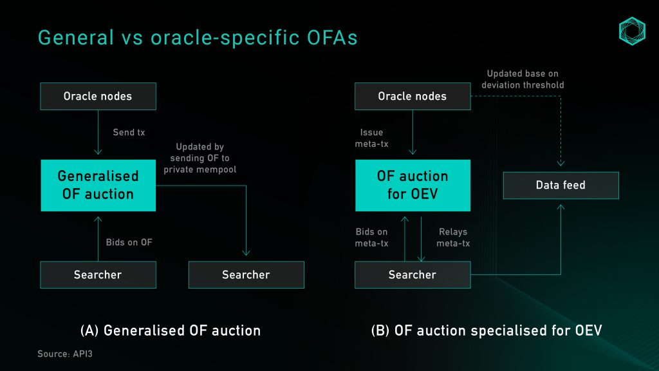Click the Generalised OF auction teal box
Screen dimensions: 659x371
coord(98,185)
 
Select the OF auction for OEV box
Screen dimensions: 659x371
coord(413,185)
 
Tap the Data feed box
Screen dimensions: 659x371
coord(561,185)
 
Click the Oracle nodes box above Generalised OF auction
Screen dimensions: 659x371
coord(98,97)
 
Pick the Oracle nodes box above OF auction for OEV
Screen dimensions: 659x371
coord(413,97)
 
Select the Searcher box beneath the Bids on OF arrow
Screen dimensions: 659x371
coord(98,274)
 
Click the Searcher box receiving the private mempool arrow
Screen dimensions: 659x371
coord(246,274)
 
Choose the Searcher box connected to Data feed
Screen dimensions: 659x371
coord(413,274)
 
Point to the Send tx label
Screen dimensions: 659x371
coord(129,132)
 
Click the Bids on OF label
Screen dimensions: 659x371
coord(129,242)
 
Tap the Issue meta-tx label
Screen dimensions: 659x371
coord(371,138)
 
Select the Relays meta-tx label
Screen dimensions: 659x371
coord(453,237)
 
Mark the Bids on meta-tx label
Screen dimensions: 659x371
coord(371,237)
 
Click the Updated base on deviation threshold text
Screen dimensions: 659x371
coord(523,79)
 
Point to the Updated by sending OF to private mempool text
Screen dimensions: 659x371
coord(200,158)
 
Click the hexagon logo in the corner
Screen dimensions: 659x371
coord(632,31)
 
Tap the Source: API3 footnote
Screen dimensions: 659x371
coord(65,354)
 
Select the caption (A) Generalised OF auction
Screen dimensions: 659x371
coord(170,330)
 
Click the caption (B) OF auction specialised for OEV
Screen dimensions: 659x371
coord(487,330)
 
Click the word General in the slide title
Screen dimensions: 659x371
coord(76,37)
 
